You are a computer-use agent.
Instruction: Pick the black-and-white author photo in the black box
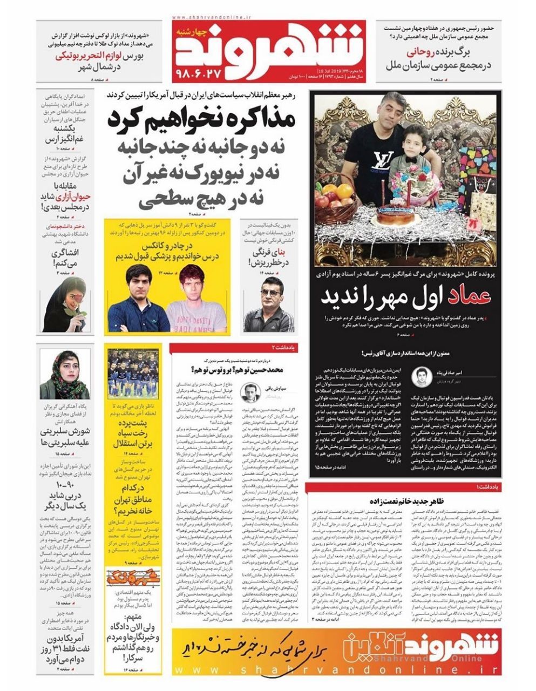[420, 377]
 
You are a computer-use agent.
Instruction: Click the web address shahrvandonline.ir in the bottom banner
[335, 668]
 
